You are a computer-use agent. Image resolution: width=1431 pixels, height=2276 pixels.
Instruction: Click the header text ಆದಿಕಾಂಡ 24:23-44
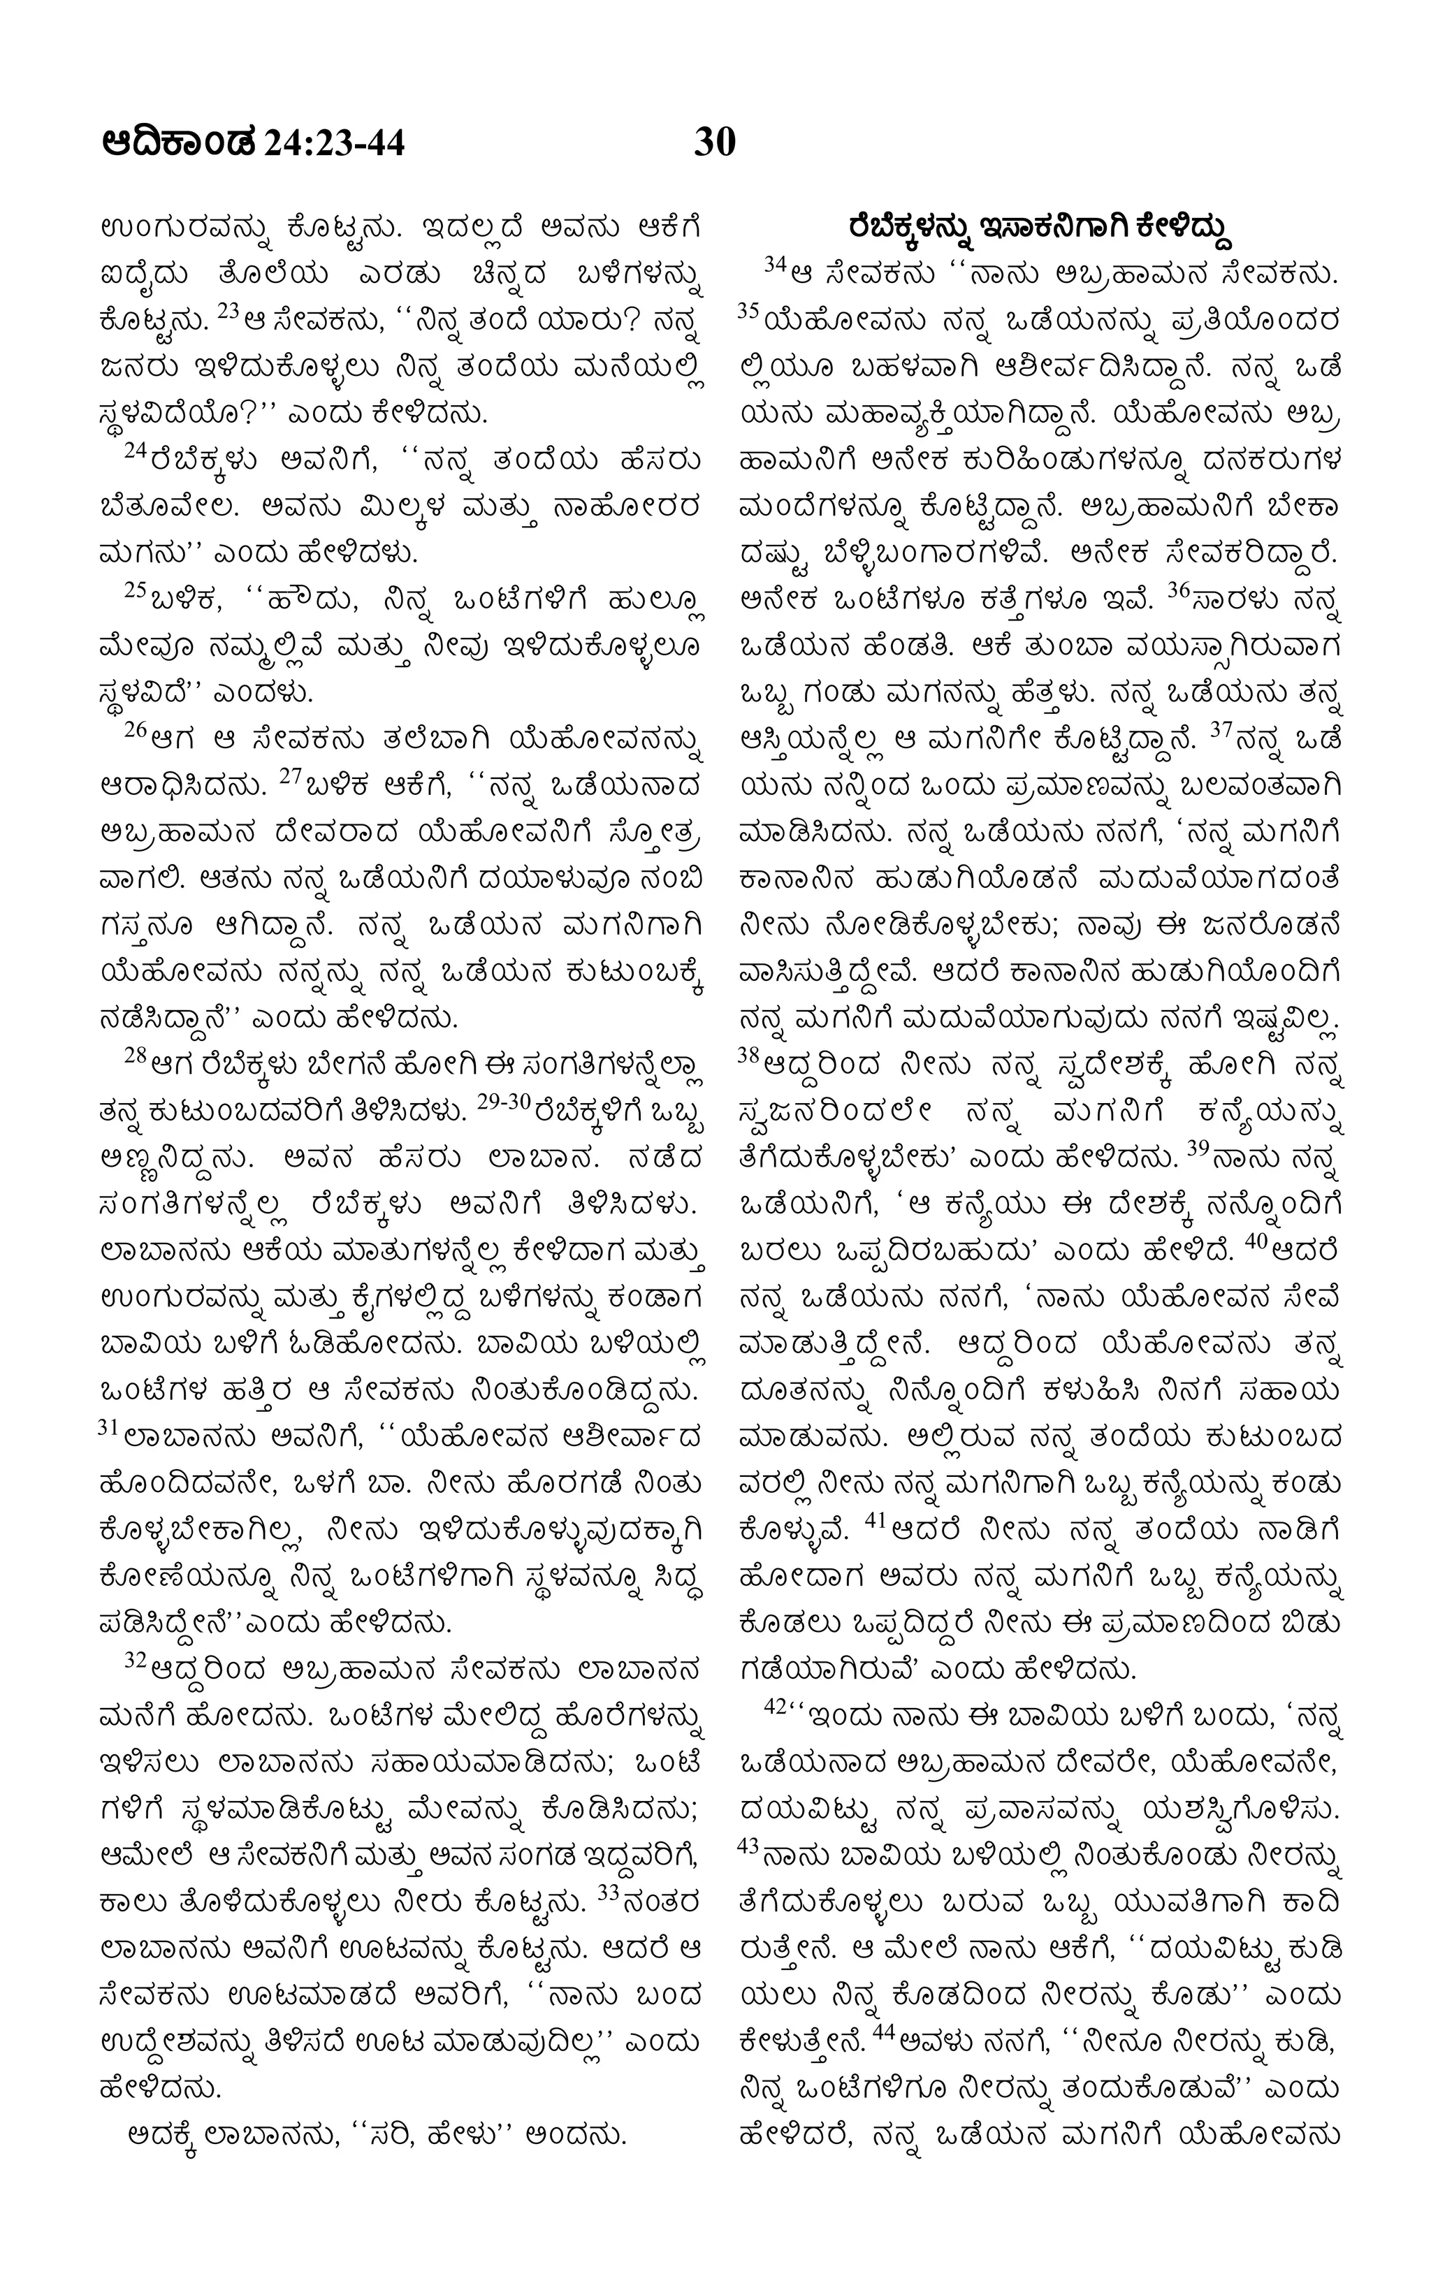coord(254,145)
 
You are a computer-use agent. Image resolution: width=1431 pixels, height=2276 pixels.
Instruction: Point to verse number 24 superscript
coord(138,453)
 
